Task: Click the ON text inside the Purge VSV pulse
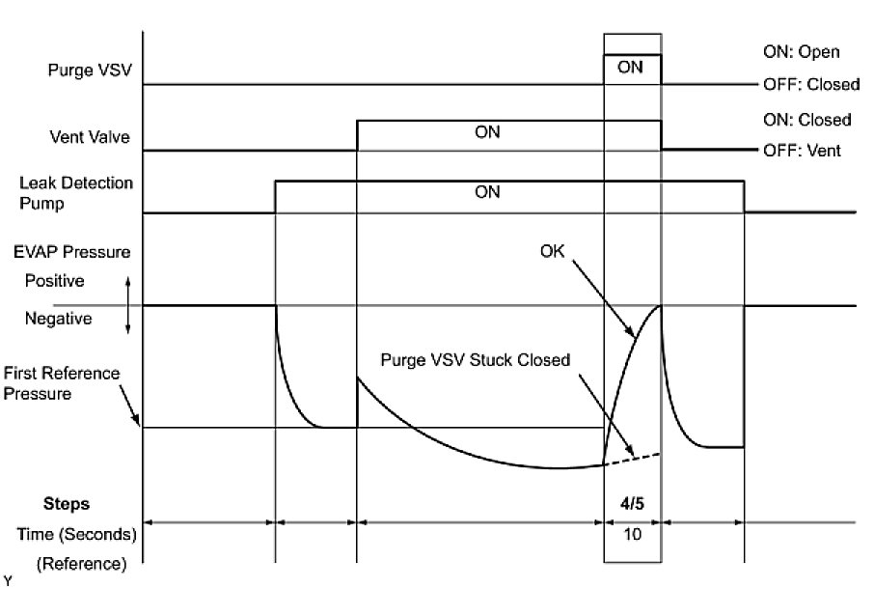(630, 68)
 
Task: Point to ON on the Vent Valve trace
(488, 132)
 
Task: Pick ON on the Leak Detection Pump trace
(488, 192)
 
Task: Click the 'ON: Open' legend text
(800, 52)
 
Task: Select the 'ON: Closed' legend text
(806, 120)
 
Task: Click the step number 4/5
(632, 503)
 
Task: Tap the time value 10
(632, 533)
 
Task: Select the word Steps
(67, 503)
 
